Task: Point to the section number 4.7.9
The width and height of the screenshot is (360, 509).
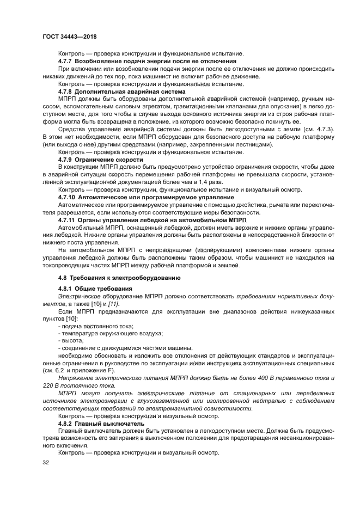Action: click(x=68, y=160)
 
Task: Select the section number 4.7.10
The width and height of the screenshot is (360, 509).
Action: click(x=69, y=197)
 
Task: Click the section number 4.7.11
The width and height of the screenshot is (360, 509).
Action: click(x=69, y=219)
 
